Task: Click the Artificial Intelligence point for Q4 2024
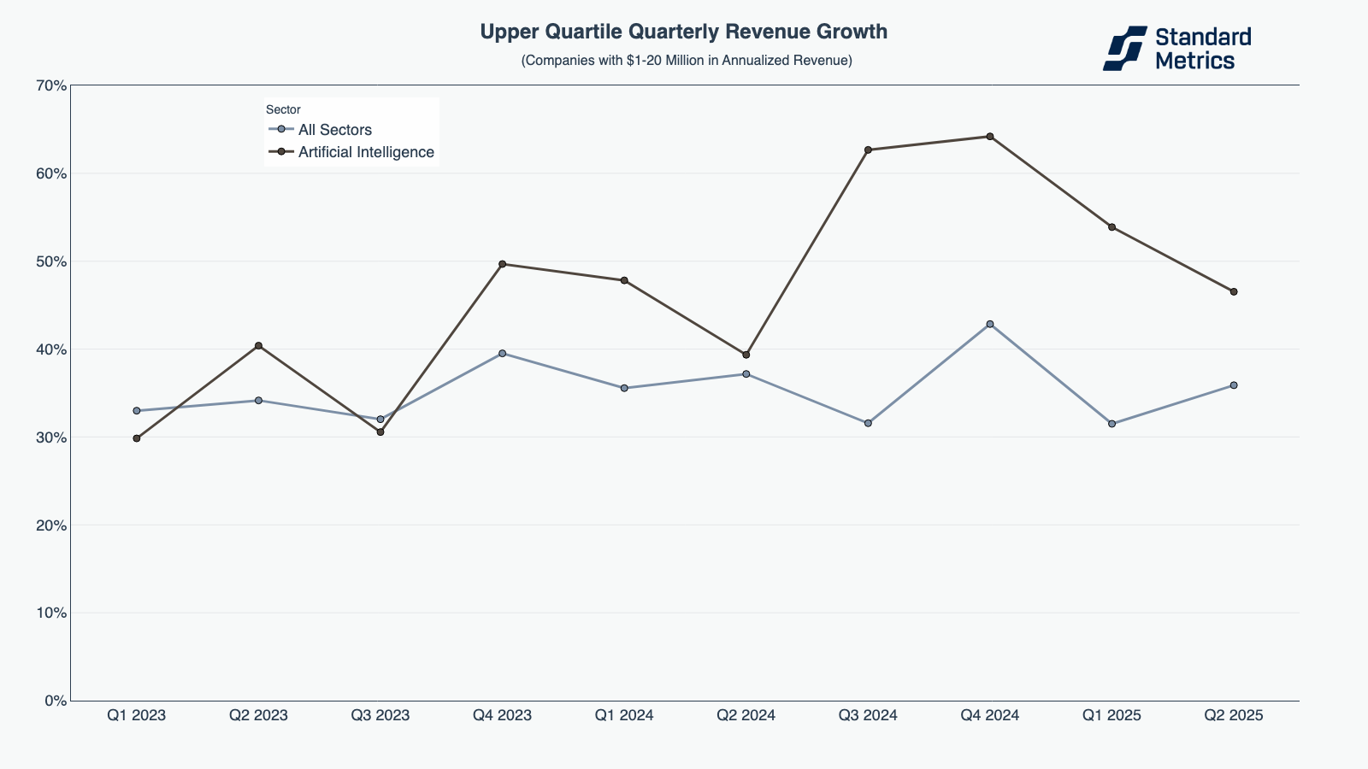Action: tap(990, 137)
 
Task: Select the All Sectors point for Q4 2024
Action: tap(990, 324)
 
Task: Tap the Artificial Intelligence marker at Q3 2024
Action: tap(868, 150)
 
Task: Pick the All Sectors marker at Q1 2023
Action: tap(137, 411)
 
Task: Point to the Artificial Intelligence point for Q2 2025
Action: tap(1234, 291)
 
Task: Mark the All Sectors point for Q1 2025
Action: tap(1111, 424)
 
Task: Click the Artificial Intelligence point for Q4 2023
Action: tap(502, 264)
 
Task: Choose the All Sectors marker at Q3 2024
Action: tap(868, 423)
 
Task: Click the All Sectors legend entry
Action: tap(334, 130)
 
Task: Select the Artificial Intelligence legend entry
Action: tap(366, 152)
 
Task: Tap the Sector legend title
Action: tap(283, 109)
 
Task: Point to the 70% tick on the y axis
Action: tap(51, 85)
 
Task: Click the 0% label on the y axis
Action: tap(56, 701)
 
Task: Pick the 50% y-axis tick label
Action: tap(51, 261)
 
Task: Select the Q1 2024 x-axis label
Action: tap(624, 715)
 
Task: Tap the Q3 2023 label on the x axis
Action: tap(380, 715)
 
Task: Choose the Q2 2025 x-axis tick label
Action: tap(1234, 715)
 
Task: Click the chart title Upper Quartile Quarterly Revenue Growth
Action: tap(684, 32)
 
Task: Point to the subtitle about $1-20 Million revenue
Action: tap(687, 61)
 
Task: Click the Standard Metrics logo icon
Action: tap(1124, 48)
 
